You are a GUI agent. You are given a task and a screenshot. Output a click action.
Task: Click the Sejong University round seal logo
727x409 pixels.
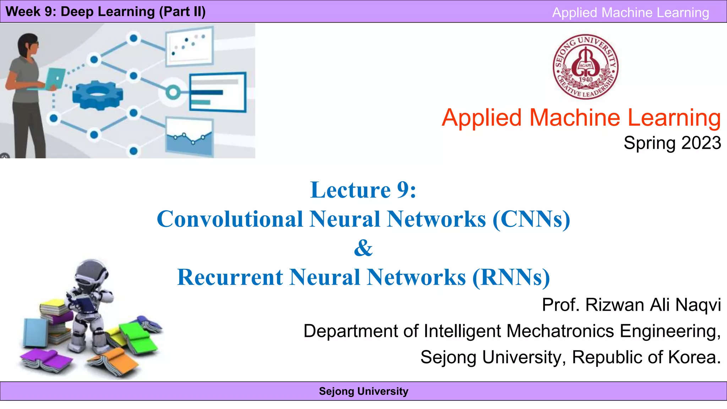pos(586,67)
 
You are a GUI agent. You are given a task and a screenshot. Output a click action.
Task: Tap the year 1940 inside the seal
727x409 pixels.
pos(586,80)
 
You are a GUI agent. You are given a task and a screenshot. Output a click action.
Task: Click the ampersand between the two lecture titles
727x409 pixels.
pos(363,248)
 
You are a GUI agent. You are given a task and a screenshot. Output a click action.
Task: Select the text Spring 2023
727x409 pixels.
pos(672,143)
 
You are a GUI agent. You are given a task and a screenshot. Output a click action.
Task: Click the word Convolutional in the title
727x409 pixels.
pos(230,219)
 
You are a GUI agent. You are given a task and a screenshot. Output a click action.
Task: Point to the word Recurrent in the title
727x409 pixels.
pos(230,277)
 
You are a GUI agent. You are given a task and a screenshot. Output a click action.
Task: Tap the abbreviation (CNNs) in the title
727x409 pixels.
pos(531,219)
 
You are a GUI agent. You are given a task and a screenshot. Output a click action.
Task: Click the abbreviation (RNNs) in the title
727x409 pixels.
pos(511,277)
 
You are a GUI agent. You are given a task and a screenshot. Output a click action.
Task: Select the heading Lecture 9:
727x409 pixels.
pos(363,190)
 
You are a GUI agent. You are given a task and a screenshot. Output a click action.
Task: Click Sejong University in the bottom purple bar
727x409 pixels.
pos(363,391)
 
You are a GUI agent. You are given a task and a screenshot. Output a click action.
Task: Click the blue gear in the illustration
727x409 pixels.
pos(98,95)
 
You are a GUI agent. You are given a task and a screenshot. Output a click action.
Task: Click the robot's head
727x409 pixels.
pos(91,273)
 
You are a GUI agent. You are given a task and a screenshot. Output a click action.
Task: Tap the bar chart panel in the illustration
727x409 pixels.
pos(217,92)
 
